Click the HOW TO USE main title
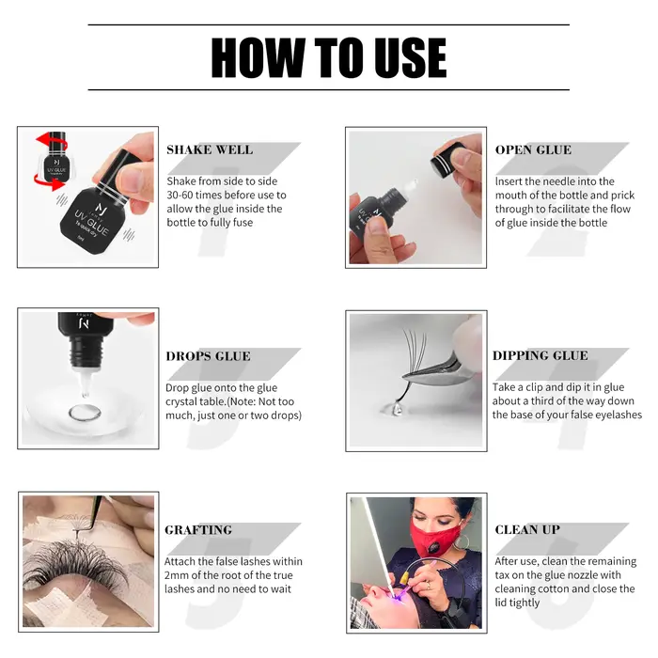(x=329, y=57)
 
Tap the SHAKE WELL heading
(x=210, y=149)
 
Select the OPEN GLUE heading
(x=533, y=149)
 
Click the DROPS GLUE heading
(x=208, y=356)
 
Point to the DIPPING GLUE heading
(x=540, y=355)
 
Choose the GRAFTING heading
(x=198, y=529)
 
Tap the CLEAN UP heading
(x=527, y=529)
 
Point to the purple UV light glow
(x=398, y=596)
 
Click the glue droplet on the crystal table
(x=85, y=412)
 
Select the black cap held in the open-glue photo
(x=446, y=161)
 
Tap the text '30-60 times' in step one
(x=193, y=196)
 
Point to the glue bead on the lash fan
(x=393, y=407)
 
